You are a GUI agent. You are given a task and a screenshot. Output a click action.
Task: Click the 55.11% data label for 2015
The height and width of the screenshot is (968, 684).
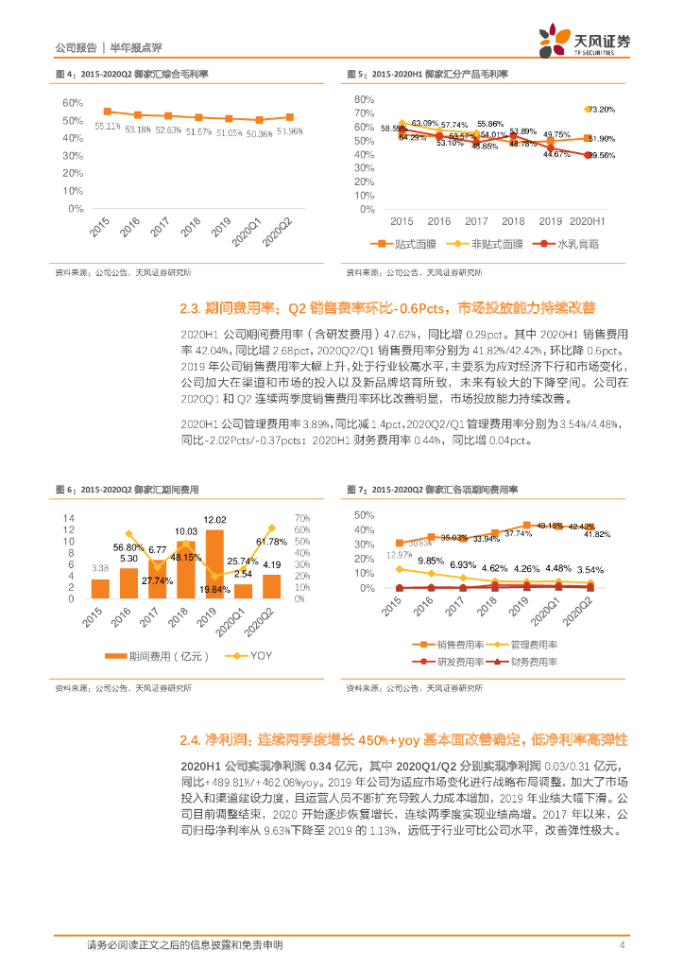(x=107, y=125)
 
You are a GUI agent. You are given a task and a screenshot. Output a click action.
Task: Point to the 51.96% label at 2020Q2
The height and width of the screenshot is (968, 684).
(x=290, y=131)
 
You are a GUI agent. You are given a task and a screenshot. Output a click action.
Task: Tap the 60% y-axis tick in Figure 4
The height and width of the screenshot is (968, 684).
(x=73, y=102)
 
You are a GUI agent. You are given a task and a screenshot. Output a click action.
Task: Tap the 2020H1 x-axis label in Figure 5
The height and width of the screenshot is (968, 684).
(x=588, y=220)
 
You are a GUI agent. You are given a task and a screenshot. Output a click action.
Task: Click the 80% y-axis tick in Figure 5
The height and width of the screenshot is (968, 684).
(x=365, y=99)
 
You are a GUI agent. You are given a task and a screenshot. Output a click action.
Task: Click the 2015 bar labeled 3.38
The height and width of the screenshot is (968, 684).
(x=100, y=589)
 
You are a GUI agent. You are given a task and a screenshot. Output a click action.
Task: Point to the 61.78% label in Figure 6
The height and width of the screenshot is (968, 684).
(x=271, y=542)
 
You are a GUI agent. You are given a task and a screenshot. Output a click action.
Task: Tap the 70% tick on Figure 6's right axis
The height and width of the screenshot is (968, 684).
(x=302, y=518)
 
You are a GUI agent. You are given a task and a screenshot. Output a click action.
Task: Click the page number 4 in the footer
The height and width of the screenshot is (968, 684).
(x=622, y=945)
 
